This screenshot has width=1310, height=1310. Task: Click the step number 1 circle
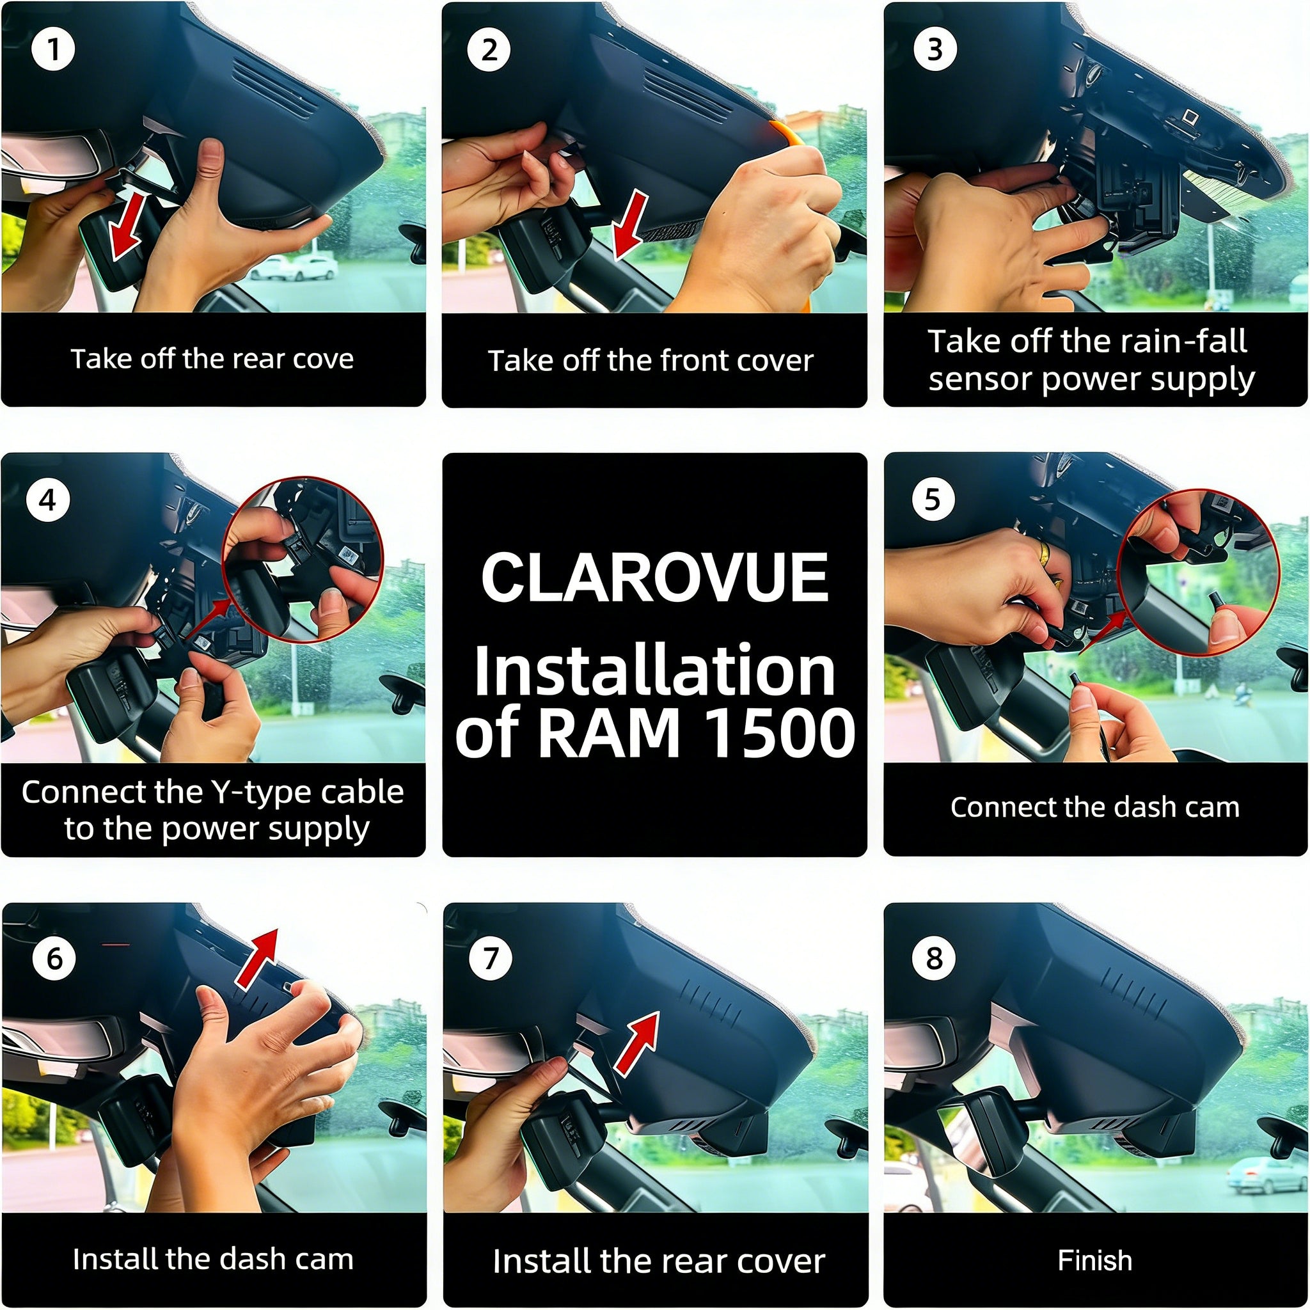point(54,49)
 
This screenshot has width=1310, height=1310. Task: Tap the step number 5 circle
point(933,500)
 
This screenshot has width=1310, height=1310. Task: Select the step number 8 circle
point(935,958)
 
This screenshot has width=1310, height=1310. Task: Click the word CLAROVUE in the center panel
point(654,577)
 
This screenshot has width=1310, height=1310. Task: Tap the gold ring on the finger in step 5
point(1045,553)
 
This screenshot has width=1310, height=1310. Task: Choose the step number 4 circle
point(47,500)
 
